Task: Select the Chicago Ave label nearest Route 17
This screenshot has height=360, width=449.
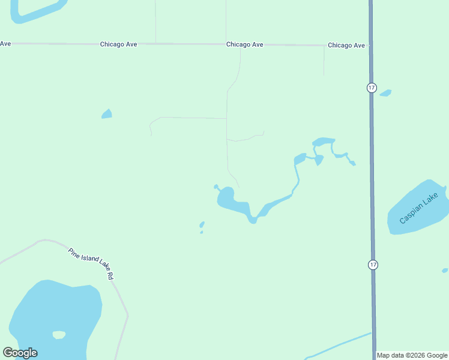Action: click(x=346, y=46)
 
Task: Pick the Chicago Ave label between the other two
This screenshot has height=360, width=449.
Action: click(x=245, y=44)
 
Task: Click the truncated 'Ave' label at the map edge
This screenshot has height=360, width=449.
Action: click(x=5, y=43)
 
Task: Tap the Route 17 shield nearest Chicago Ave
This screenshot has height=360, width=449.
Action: click(x=372, y=88)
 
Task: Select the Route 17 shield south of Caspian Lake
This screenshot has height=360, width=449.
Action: click(x=373, y=265)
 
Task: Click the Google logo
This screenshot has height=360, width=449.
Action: click(x=20, y=353)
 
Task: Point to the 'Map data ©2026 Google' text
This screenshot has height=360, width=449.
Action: click(x=412, y=355)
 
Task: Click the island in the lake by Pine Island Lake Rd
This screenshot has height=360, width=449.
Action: click(x=59, y=335)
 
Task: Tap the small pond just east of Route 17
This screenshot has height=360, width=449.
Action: click(x=385, y=93)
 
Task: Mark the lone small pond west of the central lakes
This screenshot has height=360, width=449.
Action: click(x=107, y=114)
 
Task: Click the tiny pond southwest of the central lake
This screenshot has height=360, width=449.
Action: click(x=202, y=226)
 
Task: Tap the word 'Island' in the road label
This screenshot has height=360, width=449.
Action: click(x=91, y=262)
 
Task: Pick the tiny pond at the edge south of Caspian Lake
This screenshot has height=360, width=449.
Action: click(x=445, y=271)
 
